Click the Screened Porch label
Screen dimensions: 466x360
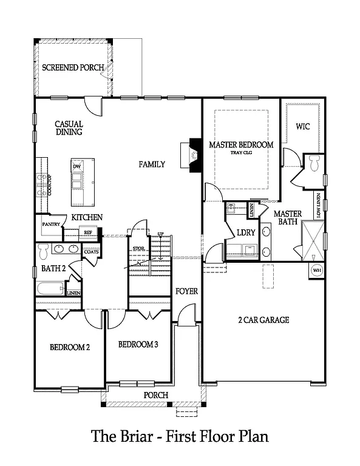pos(73,67)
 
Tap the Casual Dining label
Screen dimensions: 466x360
pos(69,127)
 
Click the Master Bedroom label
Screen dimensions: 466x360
pos(241,145)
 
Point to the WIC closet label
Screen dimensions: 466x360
pos(303,127)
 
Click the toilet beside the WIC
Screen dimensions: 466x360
pos(314,162)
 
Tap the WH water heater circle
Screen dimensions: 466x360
pos(316,270)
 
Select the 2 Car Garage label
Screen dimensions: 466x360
pos(265,320)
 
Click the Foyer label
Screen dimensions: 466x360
pos(186,291)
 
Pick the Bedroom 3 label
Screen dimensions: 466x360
pos(138,344)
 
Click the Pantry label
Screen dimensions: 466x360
pos(50,225)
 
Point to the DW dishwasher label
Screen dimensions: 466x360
pos(76,166)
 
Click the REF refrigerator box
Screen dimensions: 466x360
pos(87,232)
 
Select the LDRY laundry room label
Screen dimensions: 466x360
pos(246,232)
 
